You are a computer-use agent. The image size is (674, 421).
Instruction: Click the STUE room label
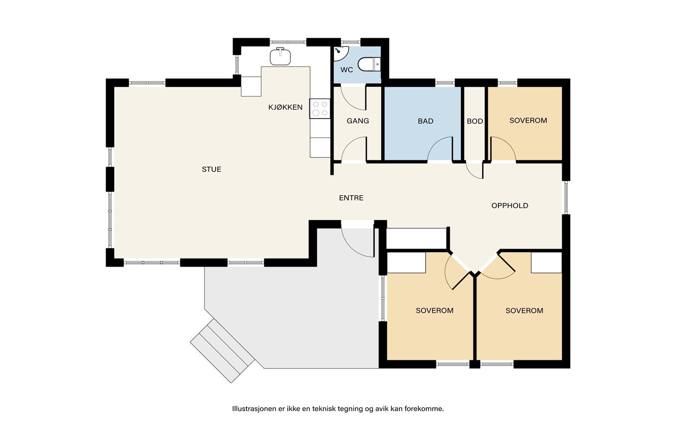coord(211,169)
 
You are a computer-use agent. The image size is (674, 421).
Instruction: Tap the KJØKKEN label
coord(285,107)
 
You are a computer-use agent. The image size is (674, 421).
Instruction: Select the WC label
coord(346,70)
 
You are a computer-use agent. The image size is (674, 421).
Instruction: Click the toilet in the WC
coord(369,64)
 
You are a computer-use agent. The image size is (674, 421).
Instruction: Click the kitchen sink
coord(280,56)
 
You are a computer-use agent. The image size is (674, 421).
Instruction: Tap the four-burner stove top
coord(320,109)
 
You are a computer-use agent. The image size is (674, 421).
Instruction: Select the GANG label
coord(358,121)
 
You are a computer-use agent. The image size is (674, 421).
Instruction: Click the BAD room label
coord(425,121)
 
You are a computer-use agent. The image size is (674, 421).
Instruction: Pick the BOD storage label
coord(475,121)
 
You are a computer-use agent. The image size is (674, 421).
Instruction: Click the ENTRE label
coord(351,198)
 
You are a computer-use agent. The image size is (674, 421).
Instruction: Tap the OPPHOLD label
coord(510,206)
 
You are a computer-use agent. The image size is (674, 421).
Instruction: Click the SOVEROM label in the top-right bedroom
coord(528,120)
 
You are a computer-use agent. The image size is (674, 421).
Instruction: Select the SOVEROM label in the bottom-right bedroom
coord(524,311)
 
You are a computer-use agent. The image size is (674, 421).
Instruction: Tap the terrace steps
coord(222,351)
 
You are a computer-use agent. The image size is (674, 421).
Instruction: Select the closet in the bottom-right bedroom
coord(546,263)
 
